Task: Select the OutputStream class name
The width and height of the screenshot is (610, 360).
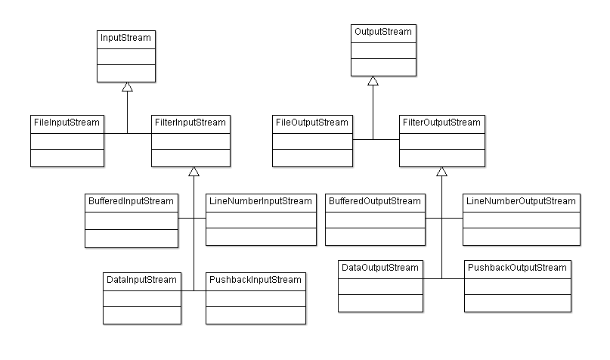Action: pyautogui.click(x=382, y=33)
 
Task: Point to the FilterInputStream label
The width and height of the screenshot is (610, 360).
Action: pyautogui.click(x=190, y=123)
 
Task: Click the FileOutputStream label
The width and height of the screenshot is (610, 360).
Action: pyautogui.click(x=312, y=123)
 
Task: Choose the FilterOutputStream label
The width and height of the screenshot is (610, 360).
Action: pyautogui.click(x=441, y=123)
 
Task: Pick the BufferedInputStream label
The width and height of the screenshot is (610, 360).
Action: pyautogui.click(x=131, y=202)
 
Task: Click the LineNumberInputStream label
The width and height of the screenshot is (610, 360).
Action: pyautogui.click(x=260, y=202)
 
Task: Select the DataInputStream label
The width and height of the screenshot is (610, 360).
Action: pyautogui.click(x=141, y=280)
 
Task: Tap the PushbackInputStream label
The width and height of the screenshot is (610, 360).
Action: pyautogui.click(x=255, y=280)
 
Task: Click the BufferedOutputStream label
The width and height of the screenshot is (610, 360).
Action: pyautogui.click(x=373, y=202)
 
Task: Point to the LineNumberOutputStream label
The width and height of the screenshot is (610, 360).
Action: pyautogui.click(x=521, y=202)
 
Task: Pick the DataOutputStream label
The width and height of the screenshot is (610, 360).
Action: pyautogui.click(x=379, y=268)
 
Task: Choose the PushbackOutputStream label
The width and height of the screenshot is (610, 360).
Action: pyautogui.click(x=517, y=268)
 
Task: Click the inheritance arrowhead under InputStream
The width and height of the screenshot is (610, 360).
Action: pyautogui.click(x=128, y=88)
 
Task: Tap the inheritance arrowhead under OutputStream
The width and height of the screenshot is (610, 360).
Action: pyautogui.click(x=373, y=81)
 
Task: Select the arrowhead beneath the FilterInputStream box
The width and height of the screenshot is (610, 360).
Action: pyautogui.click(x=194, y=172)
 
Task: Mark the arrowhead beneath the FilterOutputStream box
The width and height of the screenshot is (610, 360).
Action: pyautogui.click(x=441, y=172)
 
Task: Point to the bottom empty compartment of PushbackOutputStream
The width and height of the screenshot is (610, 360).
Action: pyautogui.click(x=517, y=303)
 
